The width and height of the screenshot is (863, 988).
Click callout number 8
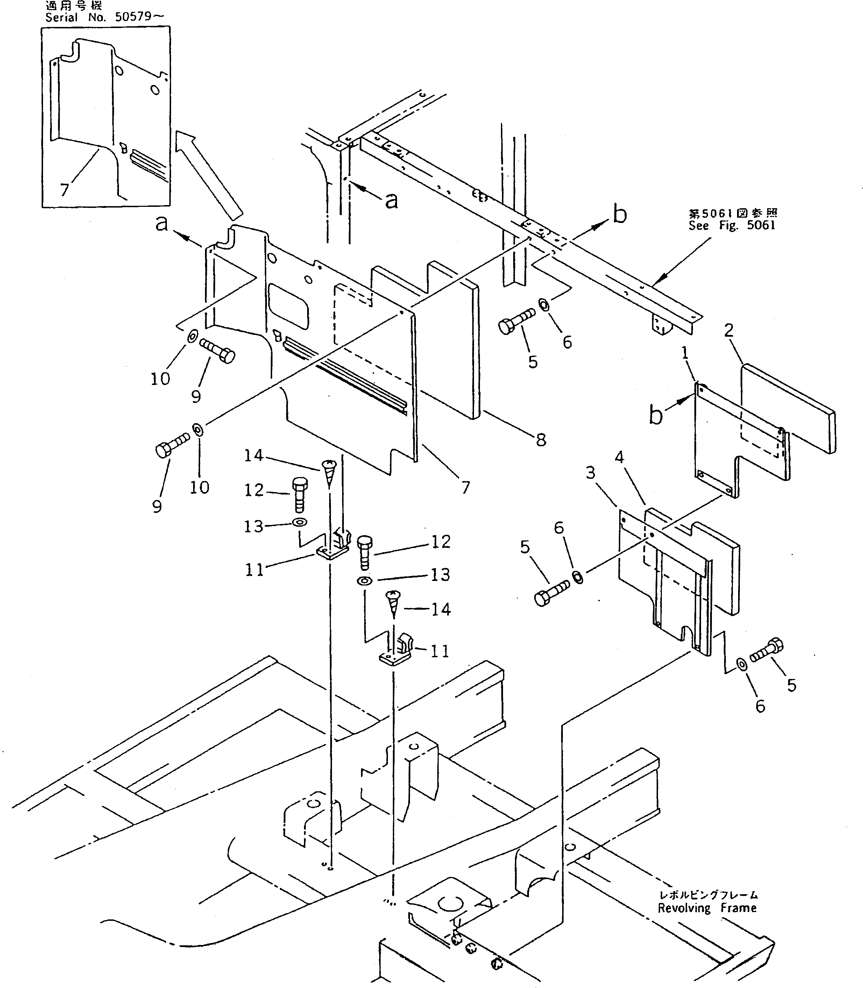point(541,439)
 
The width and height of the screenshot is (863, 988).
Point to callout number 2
point(729,330)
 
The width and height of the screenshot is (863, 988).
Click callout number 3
point(590,473)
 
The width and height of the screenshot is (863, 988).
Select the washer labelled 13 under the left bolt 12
point(299,522)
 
